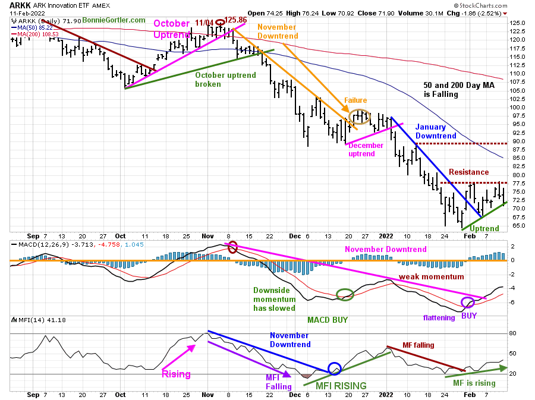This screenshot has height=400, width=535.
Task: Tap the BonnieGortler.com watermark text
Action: click(114, 20)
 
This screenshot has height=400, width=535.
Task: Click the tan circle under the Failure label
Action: click(360, 117)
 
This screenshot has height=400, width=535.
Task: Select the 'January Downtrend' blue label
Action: click(435, 131)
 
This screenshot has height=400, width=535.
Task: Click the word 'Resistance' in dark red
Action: click(469, 172)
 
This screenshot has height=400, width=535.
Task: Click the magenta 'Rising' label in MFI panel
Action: click(177, 374)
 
